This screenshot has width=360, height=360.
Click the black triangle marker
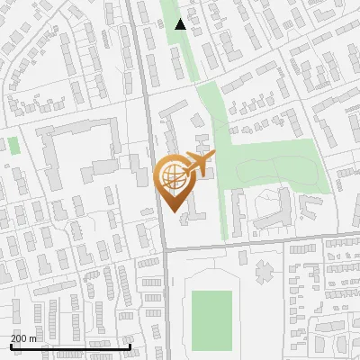tap(181, 24)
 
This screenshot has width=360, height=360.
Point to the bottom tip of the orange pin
tap(172, 212)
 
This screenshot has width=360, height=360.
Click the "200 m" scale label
tap(24, 338)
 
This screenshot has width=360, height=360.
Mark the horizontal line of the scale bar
tap(70, 346)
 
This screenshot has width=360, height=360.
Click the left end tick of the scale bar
tap(10, 345)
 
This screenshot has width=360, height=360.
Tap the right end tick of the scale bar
tap(130, 345)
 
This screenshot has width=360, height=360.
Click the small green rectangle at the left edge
tap(13, 145)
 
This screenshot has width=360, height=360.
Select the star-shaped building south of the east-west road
tap(263, 269)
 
